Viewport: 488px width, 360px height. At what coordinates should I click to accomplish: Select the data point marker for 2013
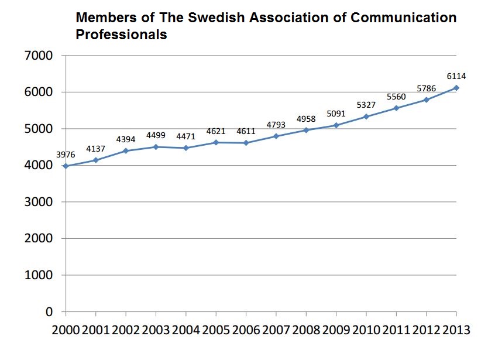pyautogui.click(x=456, y=88)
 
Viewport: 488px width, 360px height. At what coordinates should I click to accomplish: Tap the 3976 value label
pyautogui.click(x=66, y=155)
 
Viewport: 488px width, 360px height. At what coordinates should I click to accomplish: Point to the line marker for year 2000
pyautogui.click(x=66, y=166)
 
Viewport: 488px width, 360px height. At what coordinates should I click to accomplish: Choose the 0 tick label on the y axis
pyautogui.click(x=49, y=312)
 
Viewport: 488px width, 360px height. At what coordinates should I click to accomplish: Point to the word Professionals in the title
pyautogui.click(x=122, y=35)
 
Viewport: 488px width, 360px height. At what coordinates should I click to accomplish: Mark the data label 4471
pyautogui.click(x=186, y=136)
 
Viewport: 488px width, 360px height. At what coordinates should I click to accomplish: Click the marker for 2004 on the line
pyautogui.click(x=186, y=148)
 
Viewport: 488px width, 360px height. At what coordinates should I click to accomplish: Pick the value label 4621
pyautogui.click(x=216, y=131)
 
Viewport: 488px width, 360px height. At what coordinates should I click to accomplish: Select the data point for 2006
pyautogui.click(x=246, y=143)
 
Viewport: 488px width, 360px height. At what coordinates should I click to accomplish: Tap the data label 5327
pyautogui.click(x=366, y=105)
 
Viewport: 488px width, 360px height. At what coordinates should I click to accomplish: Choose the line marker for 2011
pyautogui.click(x=396, y=108)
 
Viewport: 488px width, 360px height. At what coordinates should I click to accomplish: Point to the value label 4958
pyautogui.click(x=306, y=118)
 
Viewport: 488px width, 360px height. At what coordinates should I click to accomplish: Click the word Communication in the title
pyautogui.click(x=403, y=18)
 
